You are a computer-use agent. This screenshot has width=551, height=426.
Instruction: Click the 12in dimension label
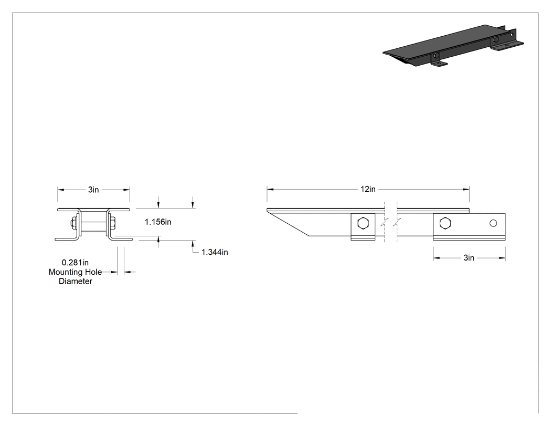tap(367, 189)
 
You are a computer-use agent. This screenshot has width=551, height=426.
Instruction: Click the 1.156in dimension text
tap(158, 222)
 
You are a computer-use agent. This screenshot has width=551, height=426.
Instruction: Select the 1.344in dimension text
tap(215, 252)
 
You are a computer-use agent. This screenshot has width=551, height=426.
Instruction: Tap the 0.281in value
tap(75, 263)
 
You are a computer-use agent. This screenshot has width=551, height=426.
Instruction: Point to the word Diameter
tap(75, 281)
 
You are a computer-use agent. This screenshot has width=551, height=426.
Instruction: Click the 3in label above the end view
tap(93, 190)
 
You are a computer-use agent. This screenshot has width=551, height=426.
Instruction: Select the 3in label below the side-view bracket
tap(469, 258)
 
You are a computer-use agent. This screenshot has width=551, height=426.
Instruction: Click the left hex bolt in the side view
tap(363, 223)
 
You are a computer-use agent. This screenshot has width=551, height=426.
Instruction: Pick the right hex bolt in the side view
tap(445, 223)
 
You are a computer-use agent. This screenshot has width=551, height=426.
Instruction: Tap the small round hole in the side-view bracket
tap(493, 223)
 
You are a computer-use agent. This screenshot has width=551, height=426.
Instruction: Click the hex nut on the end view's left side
tap(74, 223)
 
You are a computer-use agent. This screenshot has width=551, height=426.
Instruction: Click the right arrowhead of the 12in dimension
tap(466, 189)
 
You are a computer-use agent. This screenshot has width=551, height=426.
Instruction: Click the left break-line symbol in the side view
tap(385, 222)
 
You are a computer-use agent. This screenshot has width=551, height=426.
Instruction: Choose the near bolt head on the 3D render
tap(436, 55)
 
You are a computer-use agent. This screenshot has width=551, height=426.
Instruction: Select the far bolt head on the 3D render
tap(496, 39)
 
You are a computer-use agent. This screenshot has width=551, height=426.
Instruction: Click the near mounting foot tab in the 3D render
tap(439, 64)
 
